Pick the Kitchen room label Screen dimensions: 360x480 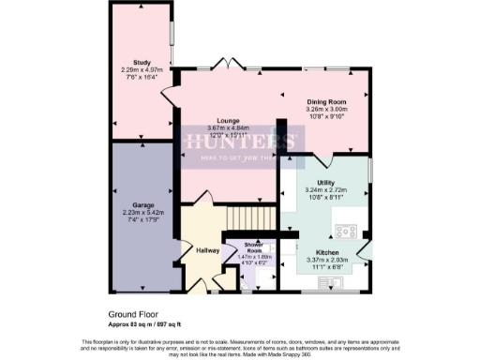(327, 252)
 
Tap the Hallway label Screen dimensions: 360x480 (208, 250)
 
